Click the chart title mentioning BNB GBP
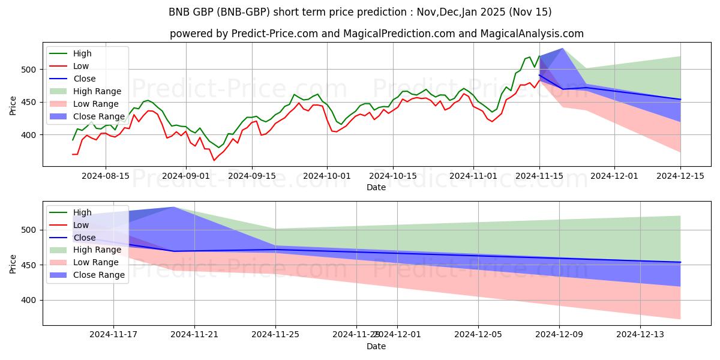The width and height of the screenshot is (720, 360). click(360, 12)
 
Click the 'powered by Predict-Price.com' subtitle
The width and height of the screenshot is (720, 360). click(376, 34)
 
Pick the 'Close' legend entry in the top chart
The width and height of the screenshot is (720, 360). click(85, 79)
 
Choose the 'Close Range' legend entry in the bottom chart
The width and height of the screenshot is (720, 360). click(98, 275)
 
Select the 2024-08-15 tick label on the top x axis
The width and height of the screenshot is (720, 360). click(106, 176)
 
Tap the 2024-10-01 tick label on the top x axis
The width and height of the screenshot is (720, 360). click(327, 176)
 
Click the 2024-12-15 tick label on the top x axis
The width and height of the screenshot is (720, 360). click(680, 176)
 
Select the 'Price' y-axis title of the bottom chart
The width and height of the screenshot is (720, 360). click(13, 263)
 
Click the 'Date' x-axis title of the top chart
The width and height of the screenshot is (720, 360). click(376, 187)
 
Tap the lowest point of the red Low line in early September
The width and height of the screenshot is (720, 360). click(214, 160)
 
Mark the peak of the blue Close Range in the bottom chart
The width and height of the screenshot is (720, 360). click(174, 207)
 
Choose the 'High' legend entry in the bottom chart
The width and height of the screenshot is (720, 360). click(83, 212)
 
